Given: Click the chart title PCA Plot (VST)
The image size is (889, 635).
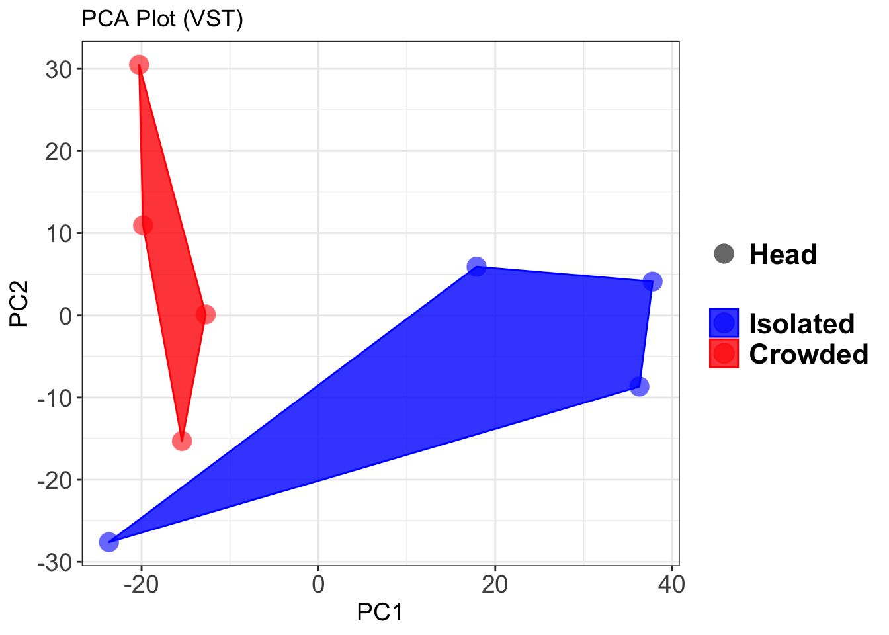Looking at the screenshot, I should tap(162, 19).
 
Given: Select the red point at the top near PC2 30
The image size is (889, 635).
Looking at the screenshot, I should tap(139, 65).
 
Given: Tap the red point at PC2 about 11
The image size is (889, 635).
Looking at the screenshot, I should tap(143, 226).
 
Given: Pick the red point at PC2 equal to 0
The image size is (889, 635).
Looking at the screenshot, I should tap(206, 314).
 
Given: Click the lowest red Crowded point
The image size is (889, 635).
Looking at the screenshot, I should tap(182, 441).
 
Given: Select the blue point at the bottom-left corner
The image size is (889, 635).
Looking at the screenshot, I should tap(108, 542).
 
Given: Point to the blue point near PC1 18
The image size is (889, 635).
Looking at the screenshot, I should tap(476, 267).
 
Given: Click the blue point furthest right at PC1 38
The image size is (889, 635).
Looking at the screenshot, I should tap(653, 282).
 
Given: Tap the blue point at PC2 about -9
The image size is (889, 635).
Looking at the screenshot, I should tap(639, 386).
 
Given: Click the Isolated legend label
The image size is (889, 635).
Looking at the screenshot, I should tap(802, 323).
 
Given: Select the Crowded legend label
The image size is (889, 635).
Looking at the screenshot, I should tap(808, 355).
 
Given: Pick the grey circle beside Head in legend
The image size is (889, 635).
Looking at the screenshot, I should tap(724, 254).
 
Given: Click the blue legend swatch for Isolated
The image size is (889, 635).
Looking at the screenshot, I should tap(724, 323).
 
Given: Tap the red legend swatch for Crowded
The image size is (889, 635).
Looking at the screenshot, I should tap(724, 354).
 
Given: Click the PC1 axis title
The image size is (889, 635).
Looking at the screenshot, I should tap(380, 613).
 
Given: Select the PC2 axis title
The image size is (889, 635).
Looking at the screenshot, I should tap(19, 304).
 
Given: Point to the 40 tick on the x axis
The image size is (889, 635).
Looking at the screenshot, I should tap(671, 585).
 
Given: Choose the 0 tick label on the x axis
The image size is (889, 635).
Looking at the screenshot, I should tap(318, 585).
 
